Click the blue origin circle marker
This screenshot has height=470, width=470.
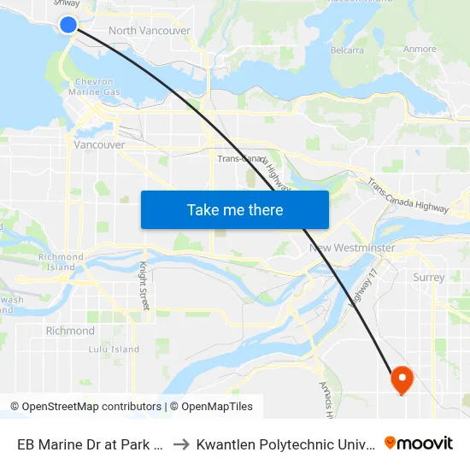pos(68,25)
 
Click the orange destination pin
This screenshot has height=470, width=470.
pos(401,379)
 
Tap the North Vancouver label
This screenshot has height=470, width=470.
pos(150,31)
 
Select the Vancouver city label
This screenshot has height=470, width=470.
pos(99,145)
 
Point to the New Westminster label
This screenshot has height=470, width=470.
pos(352,248)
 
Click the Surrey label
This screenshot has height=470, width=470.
pos(428,277)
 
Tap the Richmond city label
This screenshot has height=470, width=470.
pos(70,331)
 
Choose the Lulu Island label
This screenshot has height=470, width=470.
pos(114,350)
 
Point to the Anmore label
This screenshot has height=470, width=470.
pos(420,50)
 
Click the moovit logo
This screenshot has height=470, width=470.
pos(419,443)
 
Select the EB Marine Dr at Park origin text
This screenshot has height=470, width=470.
pos(90,444)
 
